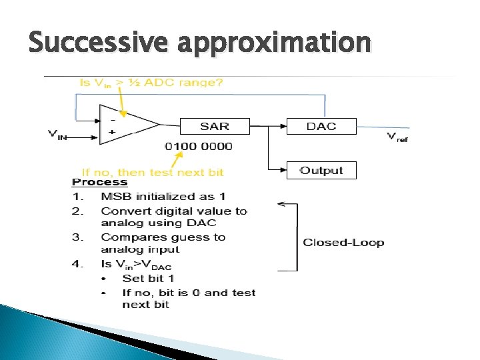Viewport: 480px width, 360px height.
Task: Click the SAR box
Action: pos(214,126)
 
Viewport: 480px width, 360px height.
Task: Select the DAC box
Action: pos(321,126)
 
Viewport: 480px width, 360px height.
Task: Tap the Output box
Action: pos(321,171)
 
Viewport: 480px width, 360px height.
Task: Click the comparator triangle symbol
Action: pos(127,124)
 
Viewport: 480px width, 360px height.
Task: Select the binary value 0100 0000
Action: pos(198,147)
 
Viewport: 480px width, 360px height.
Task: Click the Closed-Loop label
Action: pos(343,243)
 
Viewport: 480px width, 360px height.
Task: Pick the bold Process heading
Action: pos(99,182)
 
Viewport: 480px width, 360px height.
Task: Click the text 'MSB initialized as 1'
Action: pos(163,197)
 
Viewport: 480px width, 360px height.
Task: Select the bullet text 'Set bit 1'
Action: pos(148,278)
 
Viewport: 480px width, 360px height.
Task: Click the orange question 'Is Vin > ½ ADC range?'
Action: pos(151,83)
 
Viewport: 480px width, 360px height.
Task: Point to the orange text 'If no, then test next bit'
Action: pos(152,172)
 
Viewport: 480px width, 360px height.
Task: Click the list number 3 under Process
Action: pos(77,237)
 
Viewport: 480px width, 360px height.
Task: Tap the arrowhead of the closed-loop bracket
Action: pos(281,204)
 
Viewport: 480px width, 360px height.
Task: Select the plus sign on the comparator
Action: pos(111,132)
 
